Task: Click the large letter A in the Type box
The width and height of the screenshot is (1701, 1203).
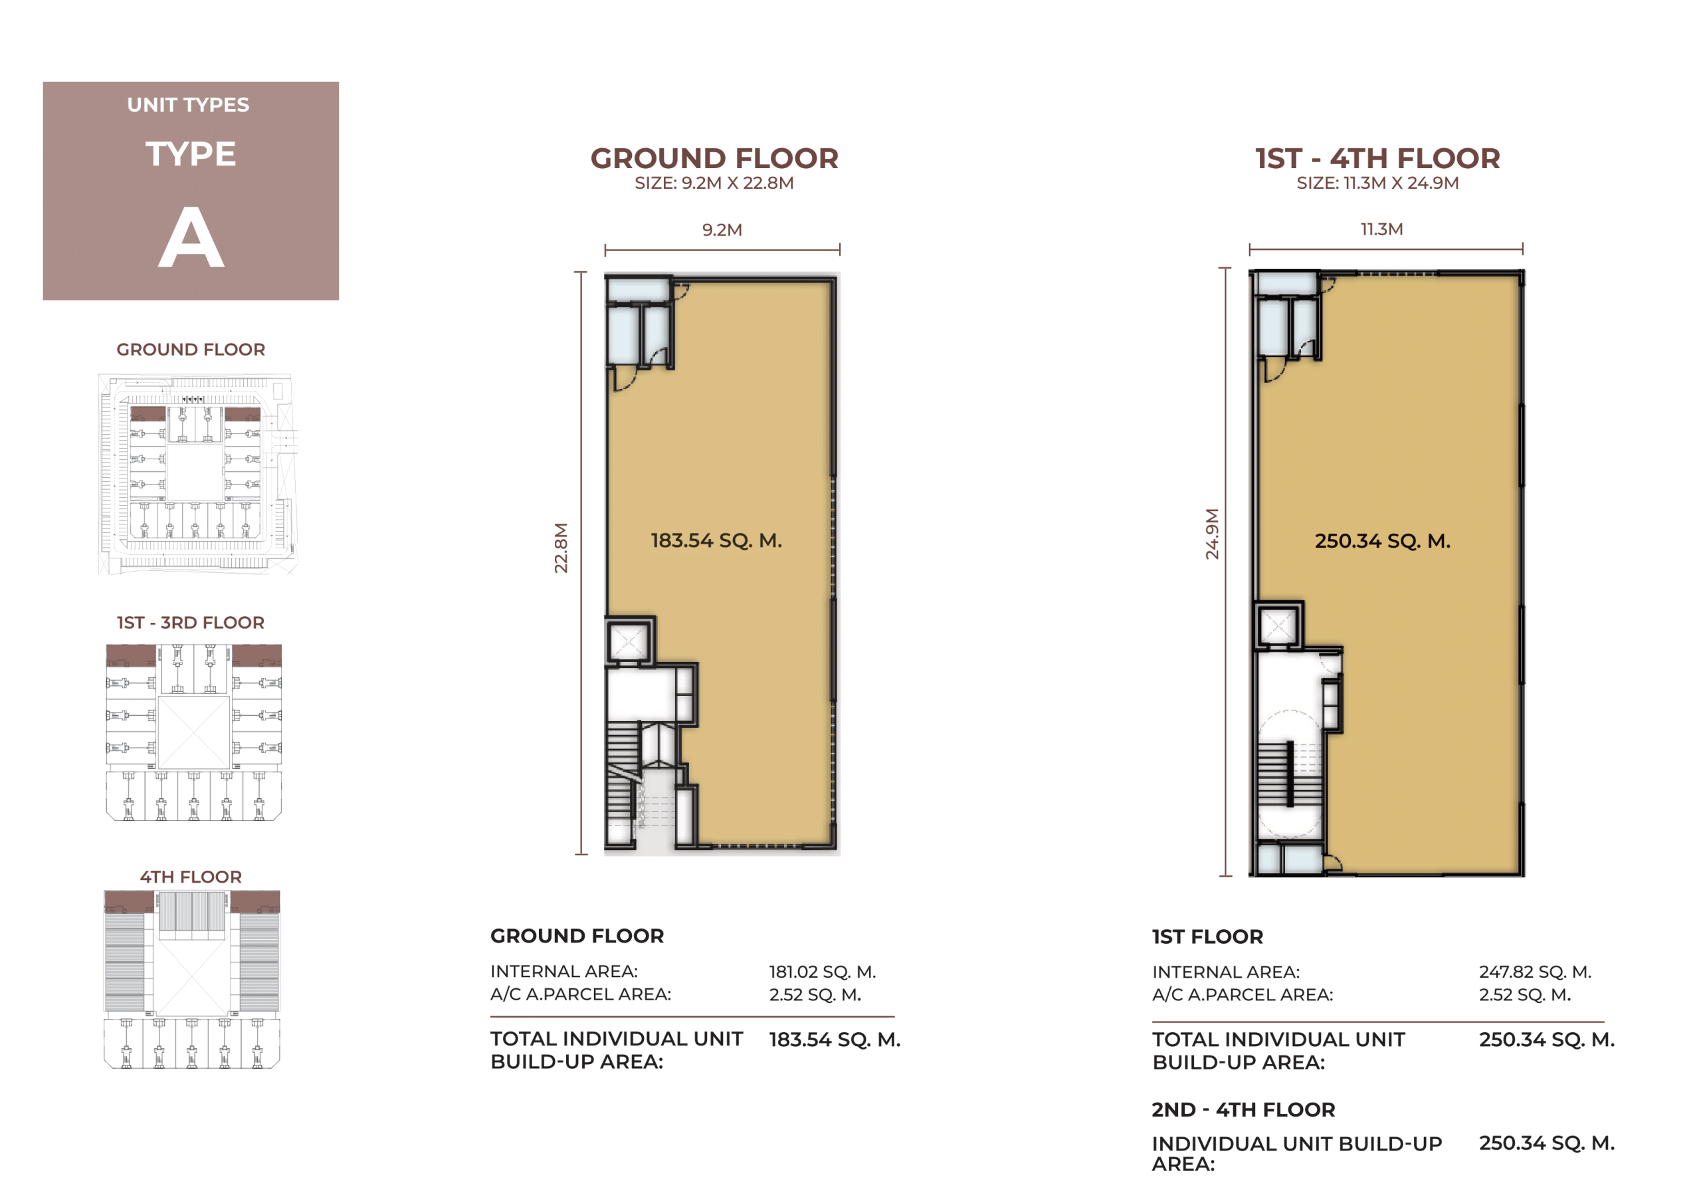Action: pyautogui.click(x=191, y=237)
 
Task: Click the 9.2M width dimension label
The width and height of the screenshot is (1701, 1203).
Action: pyautogui.click(x=722, y=230)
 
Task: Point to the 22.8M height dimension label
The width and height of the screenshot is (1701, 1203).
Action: pyautogui.click(x=561, y=548)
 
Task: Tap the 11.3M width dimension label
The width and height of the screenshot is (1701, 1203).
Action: pyautogui.click(x=1381, y=229)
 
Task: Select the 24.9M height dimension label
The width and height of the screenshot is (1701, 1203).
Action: pyautogui.click(x=1212, y=534)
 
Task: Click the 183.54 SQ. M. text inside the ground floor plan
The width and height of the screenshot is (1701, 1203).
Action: pyautogui.click(x=716, y=540)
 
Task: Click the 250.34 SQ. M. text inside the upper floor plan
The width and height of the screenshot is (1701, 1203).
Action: pyautogui.click(x=1383, y=541)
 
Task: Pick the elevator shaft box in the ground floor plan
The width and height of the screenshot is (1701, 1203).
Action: pyautogui.click(x=629, y=641)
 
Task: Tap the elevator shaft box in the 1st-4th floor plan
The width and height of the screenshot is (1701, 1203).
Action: pyautogui.click(x=1278, y=626)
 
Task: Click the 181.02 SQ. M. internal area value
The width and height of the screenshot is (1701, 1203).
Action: pyautogui.click(x=823, y=972)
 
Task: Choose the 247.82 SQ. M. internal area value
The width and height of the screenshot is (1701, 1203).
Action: pyautogui.click(x=1535, y=972)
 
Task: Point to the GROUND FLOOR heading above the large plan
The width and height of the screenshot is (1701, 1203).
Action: pyautogui.click(x=714, y=159)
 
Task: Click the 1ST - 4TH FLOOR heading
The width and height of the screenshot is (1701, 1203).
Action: pyautogui.click(x=1378, y=159)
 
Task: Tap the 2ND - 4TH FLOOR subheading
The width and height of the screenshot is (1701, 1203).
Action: pyautogui.click(x=1243, y=1109)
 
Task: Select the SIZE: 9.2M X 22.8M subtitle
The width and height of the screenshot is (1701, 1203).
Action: pyautogui.click(x=714, y=183)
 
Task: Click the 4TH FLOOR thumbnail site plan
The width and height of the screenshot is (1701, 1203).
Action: pyautogui.click(x=192, y=979)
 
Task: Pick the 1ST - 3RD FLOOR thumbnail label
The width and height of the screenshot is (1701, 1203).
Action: pyautogui.click(x=191, y=623)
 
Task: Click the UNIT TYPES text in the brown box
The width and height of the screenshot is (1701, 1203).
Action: pyautogui.click(x=188, y=104)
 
